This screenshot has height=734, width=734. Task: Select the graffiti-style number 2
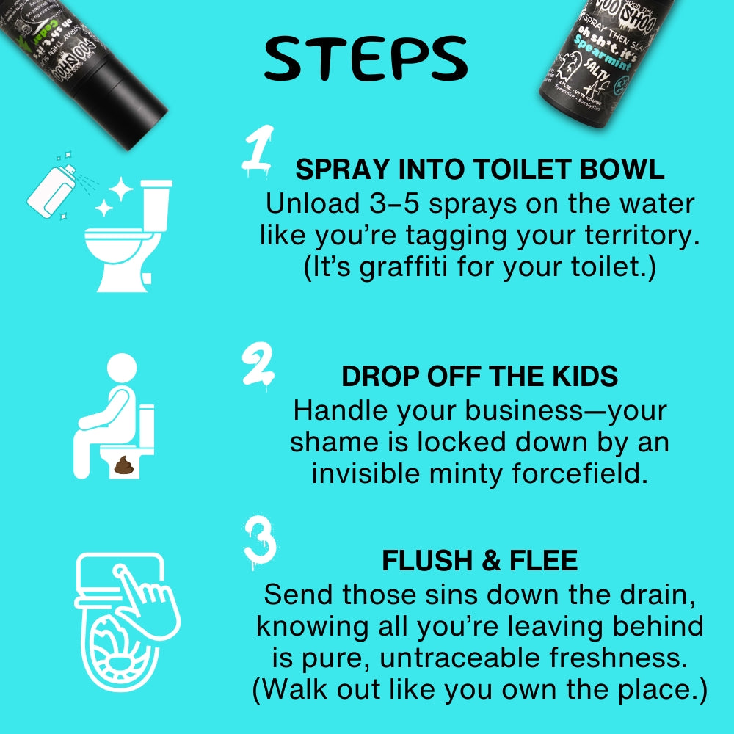tap(258, 365)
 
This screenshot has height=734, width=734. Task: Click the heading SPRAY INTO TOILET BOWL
tap(479, 170)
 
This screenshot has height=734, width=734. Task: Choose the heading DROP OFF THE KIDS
tap(479, 376)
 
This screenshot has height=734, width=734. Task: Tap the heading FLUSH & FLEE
tap(479, 561)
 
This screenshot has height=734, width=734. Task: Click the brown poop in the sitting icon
tap(122, 465)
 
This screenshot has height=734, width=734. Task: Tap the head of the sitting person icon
tap(122, 368)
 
